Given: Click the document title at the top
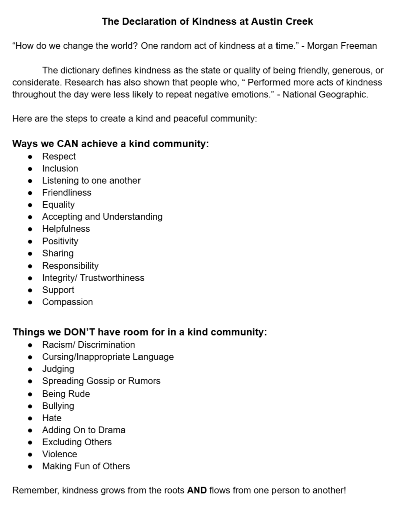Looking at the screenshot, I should tap(208, 21).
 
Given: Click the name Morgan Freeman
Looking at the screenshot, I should tap(342, 46).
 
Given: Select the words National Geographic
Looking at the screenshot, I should tap(325, 94).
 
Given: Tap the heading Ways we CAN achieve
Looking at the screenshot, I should tap(110, 144).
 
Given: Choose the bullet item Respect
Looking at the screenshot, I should tap(59, 156).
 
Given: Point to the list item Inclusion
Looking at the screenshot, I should tap(60, 168).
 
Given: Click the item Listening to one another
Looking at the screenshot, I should tap(91, 180).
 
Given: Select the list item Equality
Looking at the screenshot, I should tap(58, 205).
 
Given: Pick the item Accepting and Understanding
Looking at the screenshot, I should tap(102, 217).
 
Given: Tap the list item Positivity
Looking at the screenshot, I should tap(60, 241).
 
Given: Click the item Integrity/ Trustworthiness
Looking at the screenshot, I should tap(93, 278).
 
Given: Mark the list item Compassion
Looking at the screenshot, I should tap(67, 302).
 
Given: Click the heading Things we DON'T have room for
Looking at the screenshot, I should tap(140, 332).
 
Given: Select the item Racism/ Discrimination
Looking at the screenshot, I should tap(88, 345).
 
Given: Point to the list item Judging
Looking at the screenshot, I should tap(58, 369).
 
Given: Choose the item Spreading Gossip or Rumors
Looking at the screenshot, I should tap(101, 381).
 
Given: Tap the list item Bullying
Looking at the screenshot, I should tap(58, 406).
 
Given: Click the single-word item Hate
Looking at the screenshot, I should tap(52, 418).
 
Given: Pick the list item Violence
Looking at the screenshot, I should tap(59, 454).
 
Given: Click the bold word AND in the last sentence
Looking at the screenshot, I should tap(197, 490).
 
